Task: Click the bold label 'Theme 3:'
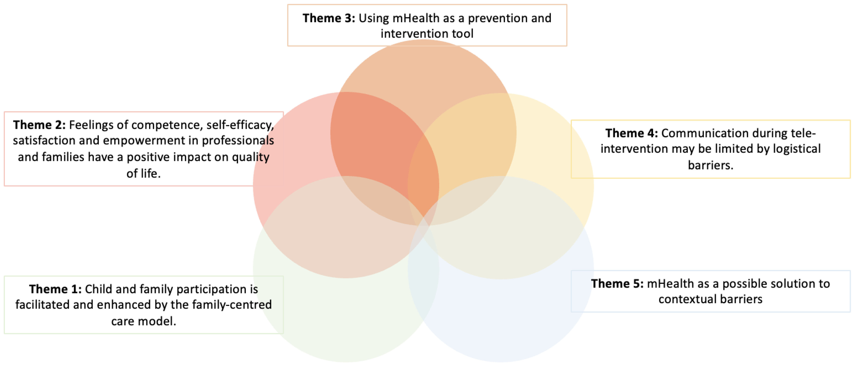(328, 18)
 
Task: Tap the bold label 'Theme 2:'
(39, 125)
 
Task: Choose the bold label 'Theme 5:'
(617, 284)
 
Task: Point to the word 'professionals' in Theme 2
(238, 141)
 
